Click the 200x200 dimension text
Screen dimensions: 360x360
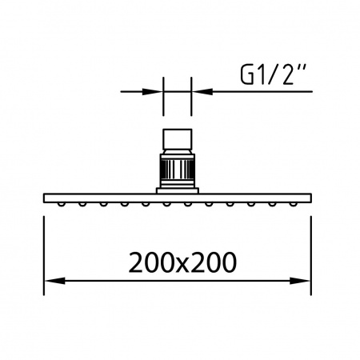point(182,262)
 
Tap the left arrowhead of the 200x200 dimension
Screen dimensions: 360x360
point(54,281)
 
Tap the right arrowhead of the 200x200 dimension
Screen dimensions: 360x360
point(300,281)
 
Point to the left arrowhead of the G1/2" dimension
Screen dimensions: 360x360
point(152,91)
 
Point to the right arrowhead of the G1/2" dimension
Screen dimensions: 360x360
point(202,91)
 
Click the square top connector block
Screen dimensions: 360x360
point(178,139)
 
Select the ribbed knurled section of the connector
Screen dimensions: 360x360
point(178,170)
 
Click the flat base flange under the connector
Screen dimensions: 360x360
point(178,190)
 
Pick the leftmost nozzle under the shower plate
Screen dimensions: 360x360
point(62,204)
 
